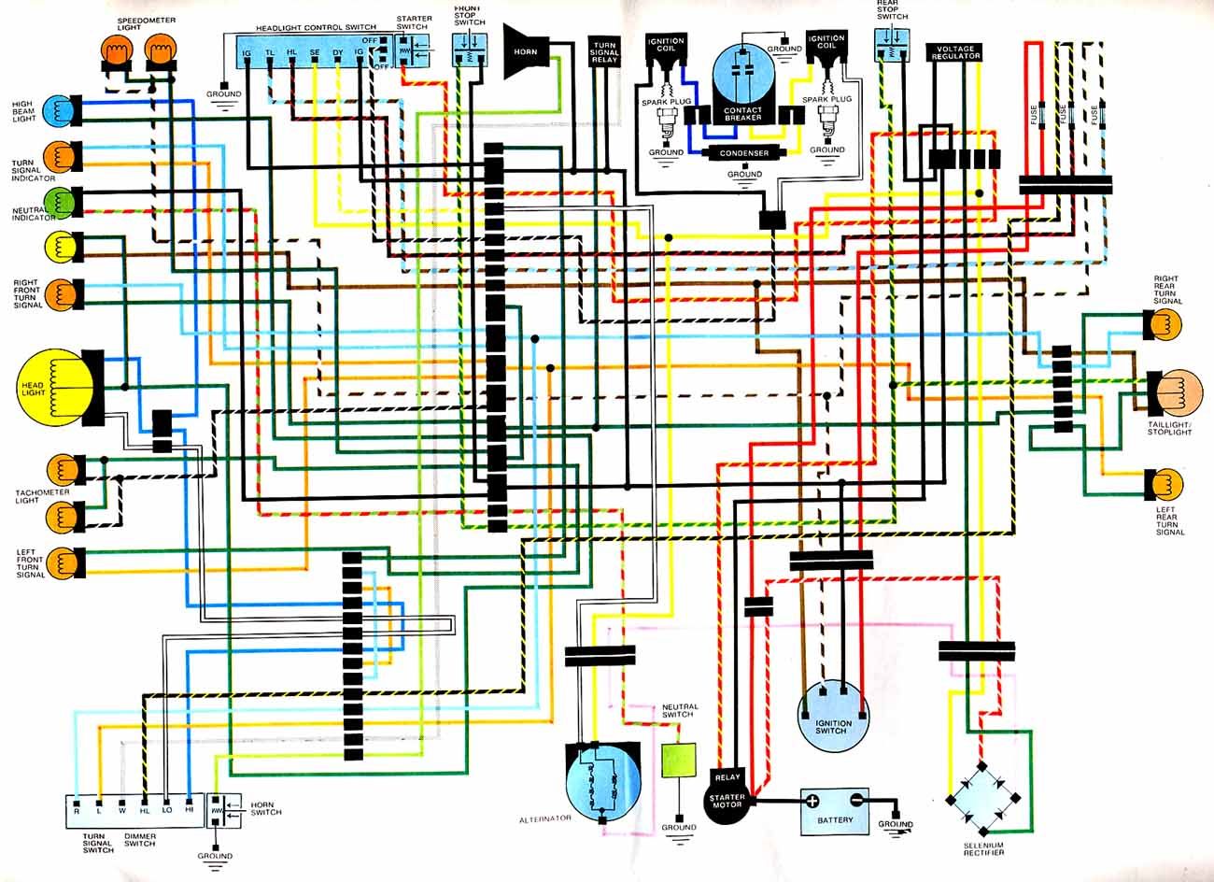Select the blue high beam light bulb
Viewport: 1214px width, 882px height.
[56, 109]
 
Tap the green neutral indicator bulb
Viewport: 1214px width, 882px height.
[57, 200]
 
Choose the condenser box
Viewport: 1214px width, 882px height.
[744, 153]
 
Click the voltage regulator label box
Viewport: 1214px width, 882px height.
[954, 52]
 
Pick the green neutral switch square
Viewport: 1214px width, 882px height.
[679, 761]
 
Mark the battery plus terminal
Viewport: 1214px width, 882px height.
[812, 801]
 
